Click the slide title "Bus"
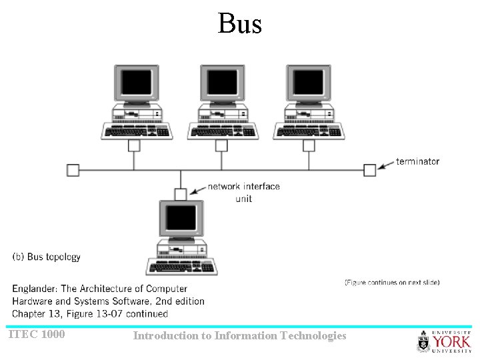click(x=240, y=24)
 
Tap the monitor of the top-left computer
click(x=136, y=83)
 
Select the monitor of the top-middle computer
click(x=222, y=83)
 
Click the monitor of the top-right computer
click(x=309, y=83)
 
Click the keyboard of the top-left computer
click(x=137, y=131)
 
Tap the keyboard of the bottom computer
click(x=181, y=267)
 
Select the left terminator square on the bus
click(x=73, y=170)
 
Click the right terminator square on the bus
click(x=369, y=170)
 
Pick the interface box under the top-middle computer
click(x=222, y=145)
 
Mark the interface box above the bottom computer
click(x=181, y=194)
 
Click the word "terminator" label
click(x=417, y=161)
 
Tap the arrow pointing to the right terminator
click(x=386, y=165)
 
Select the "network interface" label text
click(x=244, y=187)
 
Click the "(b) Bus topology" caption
click(x=47, y=257)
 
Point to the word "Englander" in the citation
click(x=35, y=289)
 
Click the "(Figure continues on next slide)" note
click(x=392, y=283)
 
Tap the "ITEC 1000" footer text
click(x=37, y=334)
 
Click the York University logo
click(x=444, y=341)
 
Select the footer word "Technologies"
click(x=314, y=336)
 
